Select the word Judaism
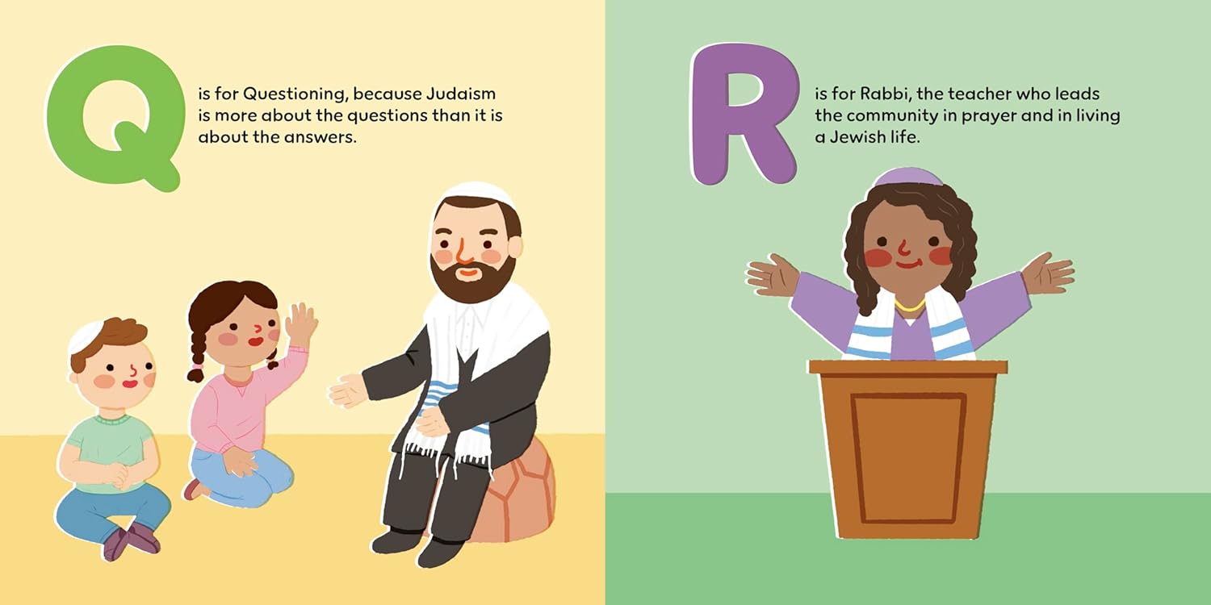pos(460,94)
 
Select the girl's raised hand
pos(300,323)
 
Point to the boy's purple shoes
pos(131,540)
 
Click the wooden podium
pos(908,449)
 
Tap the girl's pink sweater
pos(238,400)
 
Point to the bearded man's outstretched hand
pos(349,390)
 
